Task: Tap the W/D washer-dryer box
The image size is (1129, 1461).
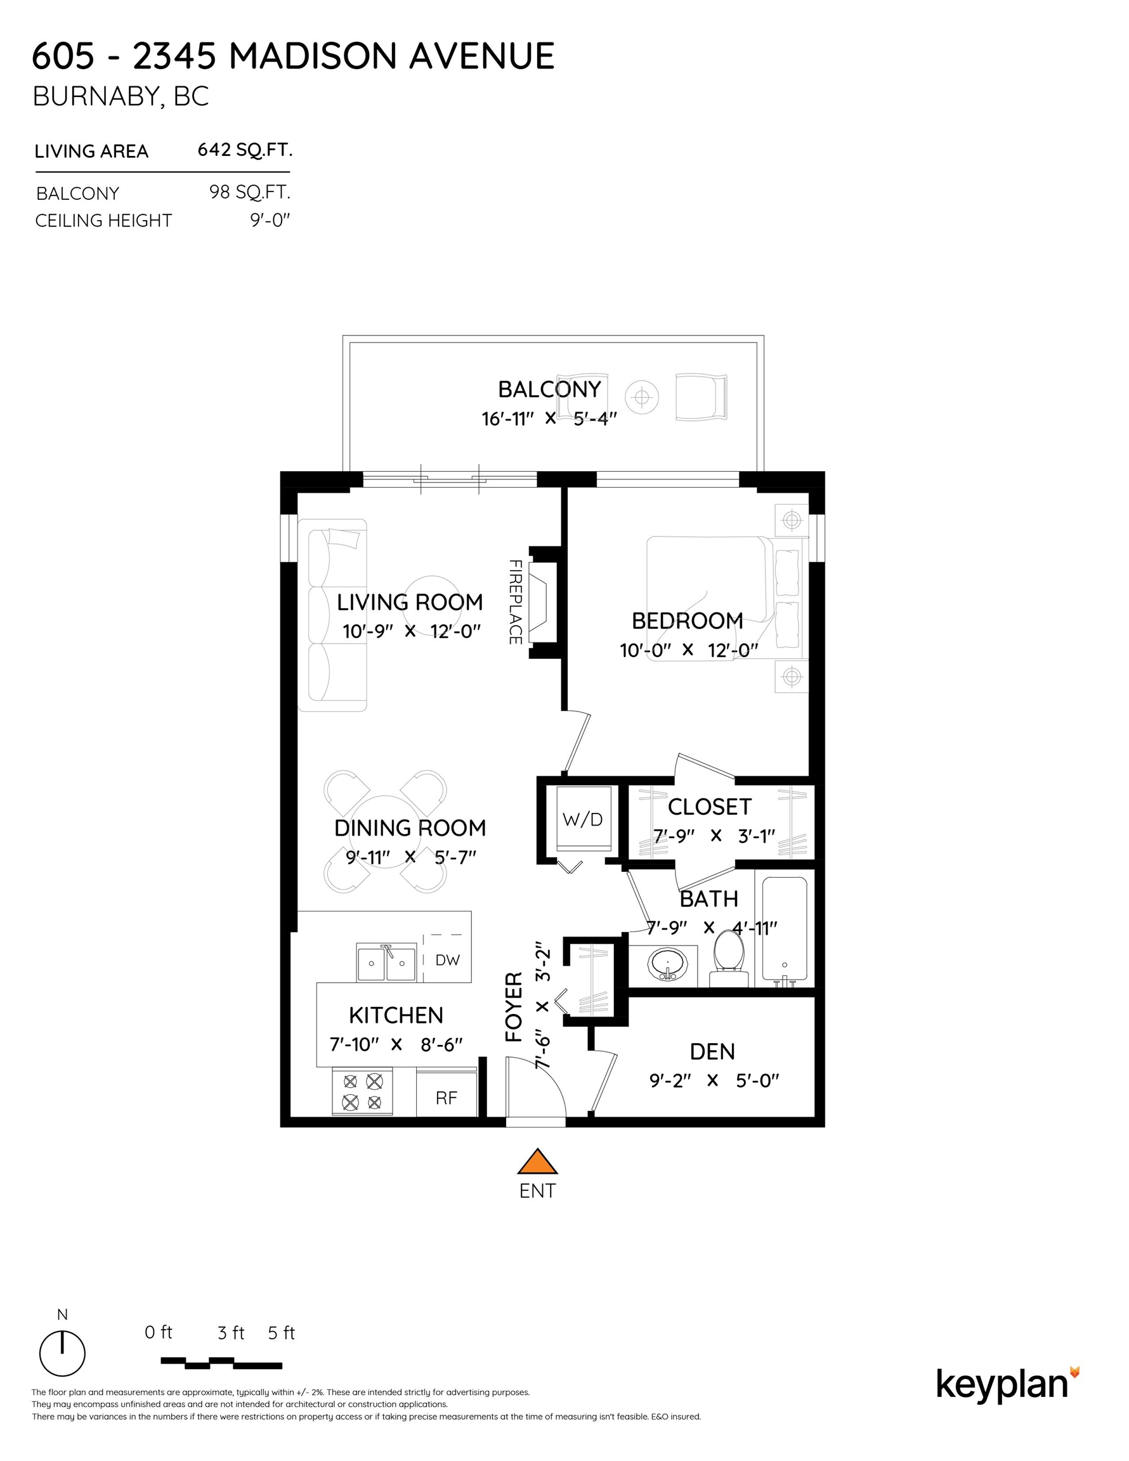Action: tap(583, 819)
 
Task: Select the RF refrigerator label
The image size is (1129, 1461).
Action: tap(447, 1098)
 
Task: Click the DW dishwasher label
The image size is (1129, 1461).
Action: tap(447, 960)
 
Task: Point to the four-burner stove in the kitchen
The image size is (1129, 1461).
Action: tap(362, 1092)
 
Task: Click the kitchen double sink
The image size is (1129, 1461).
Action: tap(386, 963)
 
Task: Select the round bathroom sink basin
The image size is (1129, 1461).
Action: tap(667, 964)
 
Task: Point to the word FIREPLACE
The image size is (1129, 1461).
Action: tap(514, 602)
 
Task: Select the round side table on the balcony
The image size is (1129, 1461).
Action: tap(642, 398)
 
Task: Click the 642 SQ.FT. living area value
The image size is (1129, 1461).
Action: tap(245, 150)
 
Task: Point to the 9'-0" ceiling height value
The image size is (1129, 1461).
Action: tap(270, 220)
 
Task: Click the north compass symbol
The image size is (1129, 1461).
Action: tap(62, 1353)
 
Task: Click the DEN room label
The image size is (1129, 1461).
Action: tap(712, 1051)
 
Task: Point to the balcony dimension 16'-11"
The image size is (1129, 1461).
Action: tap(507, 419)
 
